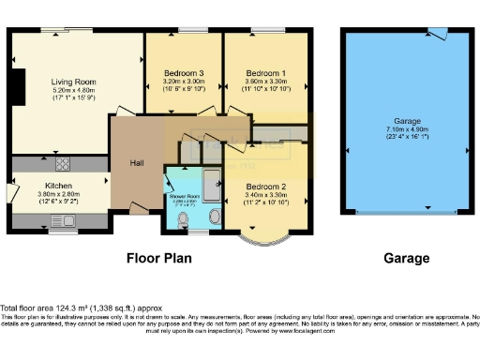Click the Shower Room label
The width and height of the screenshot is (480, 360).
[183, 197]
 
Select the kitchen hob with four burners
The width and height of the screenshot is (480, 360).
[73, 164]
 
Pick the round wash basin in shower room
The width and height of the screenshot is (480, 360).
[215, 217]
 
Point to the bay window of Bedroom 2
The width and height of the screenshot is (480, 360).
[262, 238]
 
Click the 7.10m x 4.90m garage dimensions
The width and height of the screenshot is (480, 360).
[407, 130]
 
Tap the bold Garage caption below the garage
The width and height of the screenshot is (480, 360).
[407, 258]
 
